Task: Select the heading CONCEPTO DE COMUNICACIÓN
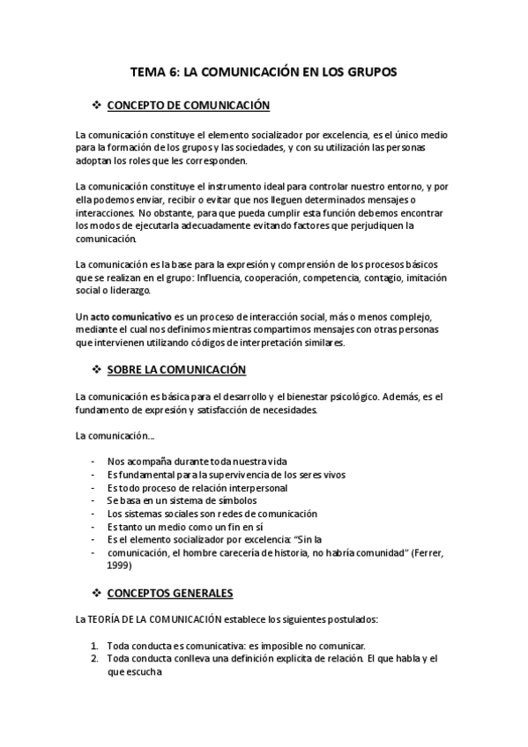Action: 188,106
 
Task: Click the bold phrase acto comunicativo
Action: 126,317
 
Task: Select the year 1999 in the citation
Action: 119,566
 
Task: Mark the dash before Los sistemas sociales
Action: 94,514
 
